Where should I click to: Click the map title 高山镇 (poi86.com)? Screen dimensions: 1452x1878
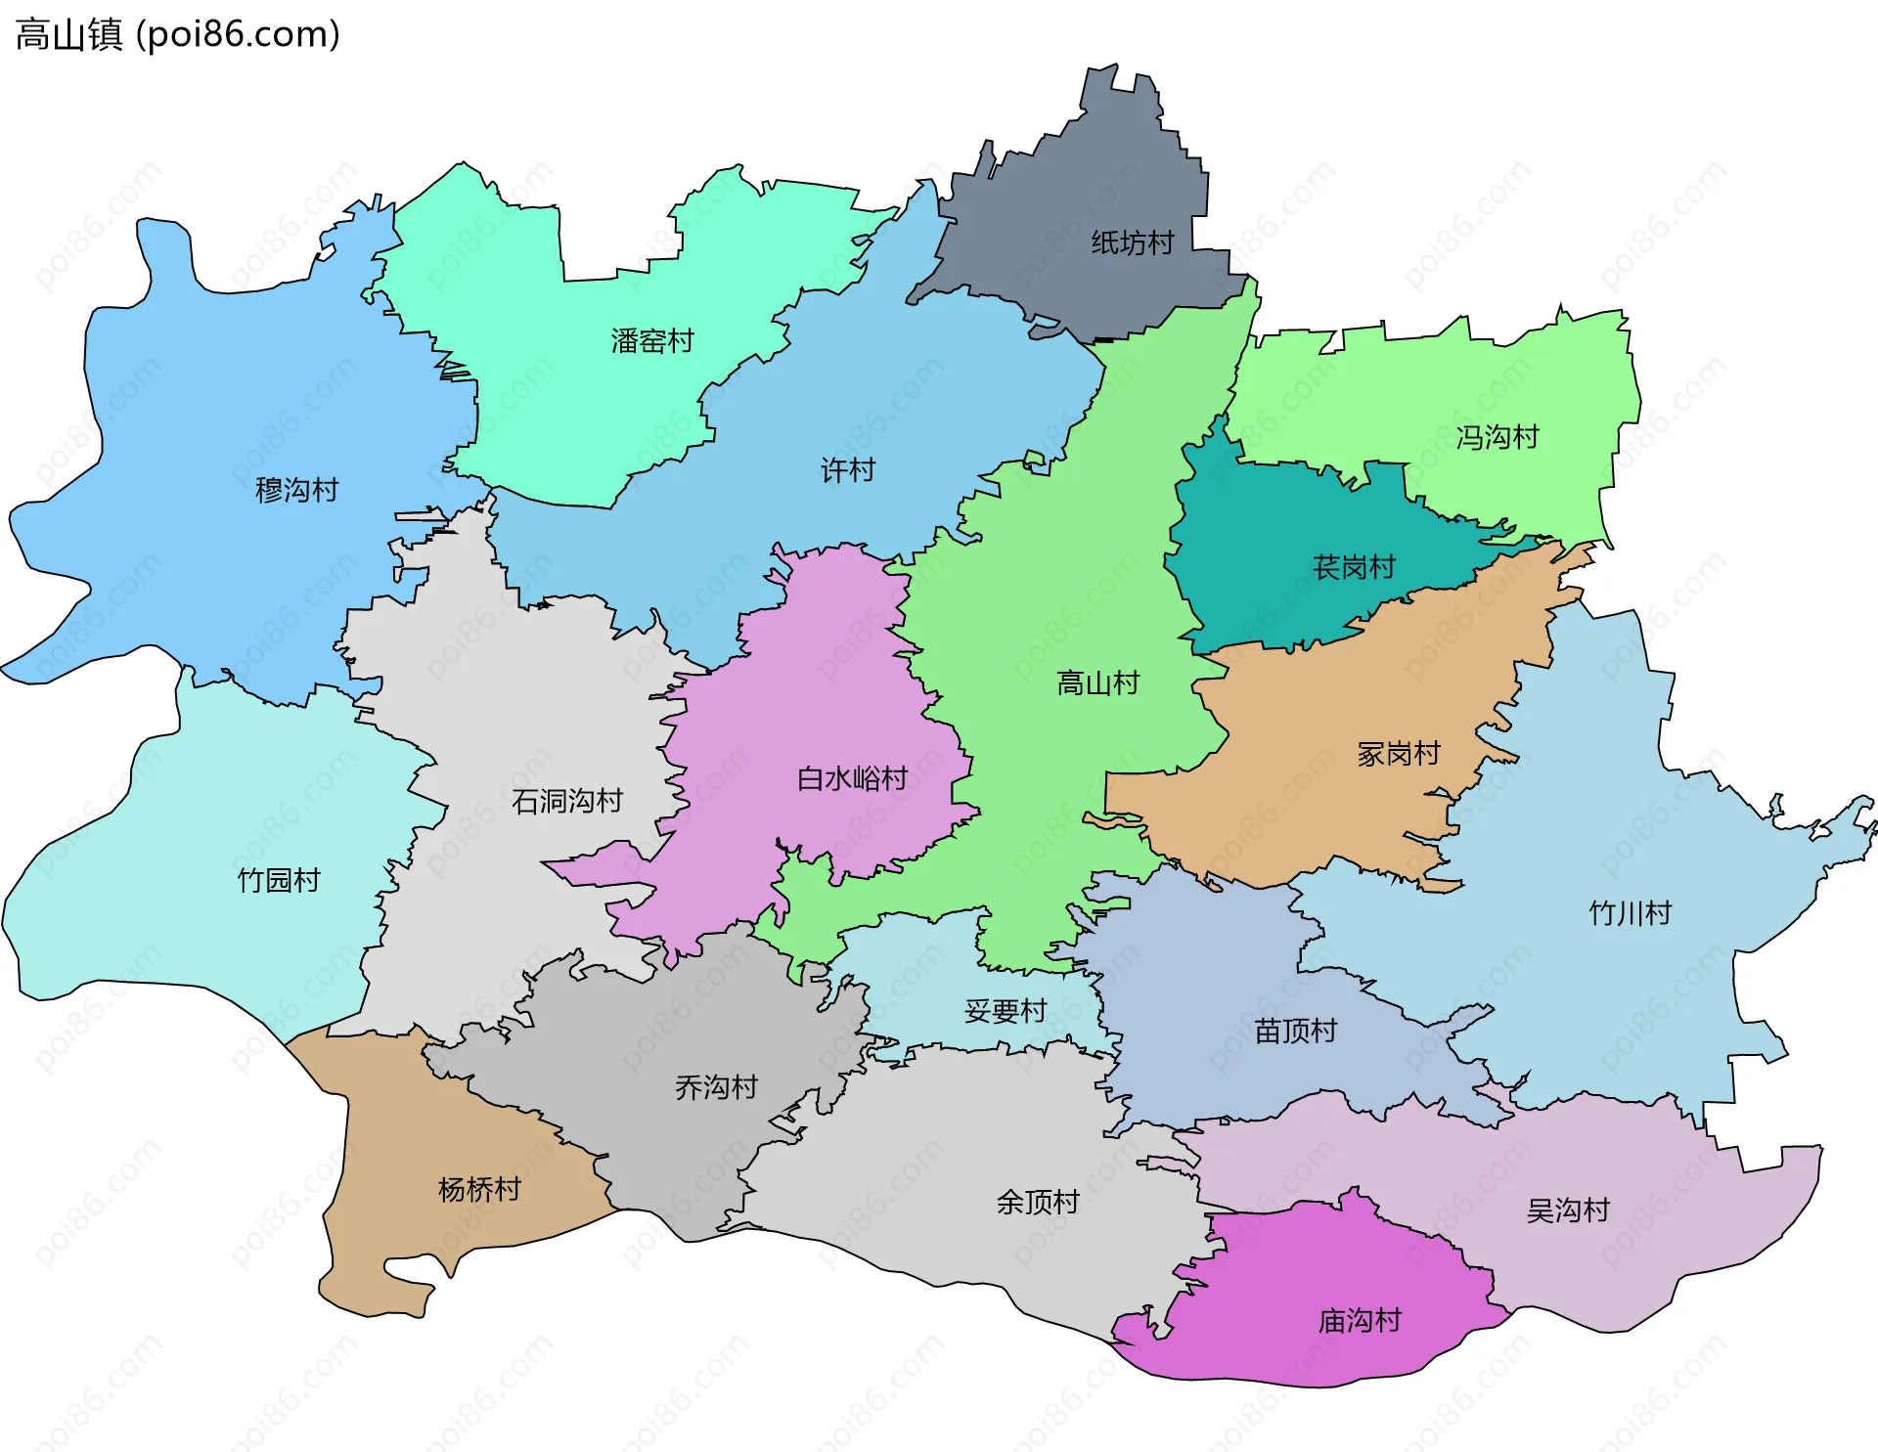coord(178,34)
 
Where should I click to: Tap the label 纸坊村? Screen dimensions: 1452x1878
coord(1132,242)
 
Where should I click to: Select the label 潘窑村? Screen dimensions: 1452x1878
coord(652,341)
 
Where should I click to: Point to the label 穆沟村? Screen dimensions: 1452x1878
coord(296,490)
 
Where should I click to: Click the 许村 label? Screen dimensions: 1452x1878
coord(847,470)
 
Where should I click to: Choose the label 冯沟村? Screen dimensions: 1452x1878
coord(1497,437)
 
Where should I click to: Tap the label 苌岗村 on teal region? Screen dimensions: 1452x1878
coord(1354,567)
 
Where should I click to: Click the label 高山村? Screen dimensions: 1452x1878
coord(1097,682)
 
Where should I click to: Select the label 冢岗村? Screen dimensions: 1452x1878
coord(1398,754)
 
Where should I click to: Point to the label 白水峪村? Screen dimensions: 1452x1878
coord(852,778)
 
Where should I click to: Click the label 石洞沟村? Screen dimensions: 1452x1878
coord(567,802)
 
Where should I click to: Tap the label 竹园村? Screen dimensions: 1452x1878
coord(279,880)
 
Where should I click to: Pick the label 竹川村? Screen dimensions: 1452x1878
coord(1630,913)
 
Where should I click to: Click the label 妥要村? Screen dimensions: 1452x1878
coord(1006,1011)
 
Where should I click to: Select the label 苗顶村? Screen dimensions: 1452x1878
coord(1295,1031)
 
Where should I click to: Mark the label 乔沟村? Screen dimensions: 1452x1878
coord(716,1087)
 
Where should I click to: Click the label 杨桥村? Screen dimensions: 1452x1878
coord(479,1190)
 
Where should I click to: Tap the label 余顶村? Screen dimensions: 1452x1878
coord(1037,1202)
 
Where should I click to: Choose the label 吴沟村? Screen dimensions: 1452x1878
coord(1568,1210)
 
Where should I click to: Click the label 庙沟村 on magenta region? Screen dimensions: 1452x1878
coord(1359,1321)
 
